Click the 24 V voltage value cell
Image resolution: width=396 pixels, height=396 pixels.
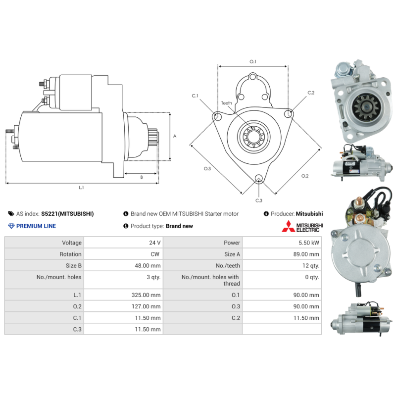click(155, 243)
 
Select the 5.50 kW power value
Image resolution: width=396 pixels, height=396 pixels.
click(309, 243)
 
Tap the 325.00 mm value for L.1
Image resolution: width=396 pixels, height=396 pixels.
click(148, 295)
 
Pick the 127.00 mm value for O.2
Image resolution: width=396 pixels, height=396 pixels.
click(148, 306)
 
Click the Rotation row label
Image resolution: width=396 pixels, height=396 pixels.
click(71, 254)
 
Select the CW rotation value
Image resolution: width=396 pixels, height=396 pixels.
click(155, 254)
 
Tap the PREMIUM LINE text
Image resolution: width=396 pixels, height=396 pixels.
click(36, 226)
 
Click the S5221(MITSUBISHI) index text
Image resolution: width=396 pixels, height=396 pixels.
click(67, 214)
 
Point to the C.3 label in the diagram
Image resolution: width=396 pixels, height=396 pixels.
click(258, 200)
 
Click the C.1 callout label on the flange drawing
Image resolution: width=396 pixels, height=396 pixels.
click(195, 96)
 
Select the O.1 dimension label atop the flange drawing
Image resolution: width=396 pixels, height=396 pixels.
click(252, 61)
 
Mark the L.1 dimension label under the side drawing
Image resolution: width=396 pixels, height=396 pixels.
click(81, 188)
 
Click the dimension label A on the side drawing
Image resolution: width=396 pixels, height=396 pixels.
click(174, 136)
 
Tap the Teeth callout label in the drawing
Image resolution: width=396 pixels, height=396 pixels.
click(226, 103)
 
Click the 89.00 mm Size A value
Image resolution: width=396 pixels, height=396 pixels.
click(307, 254)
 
